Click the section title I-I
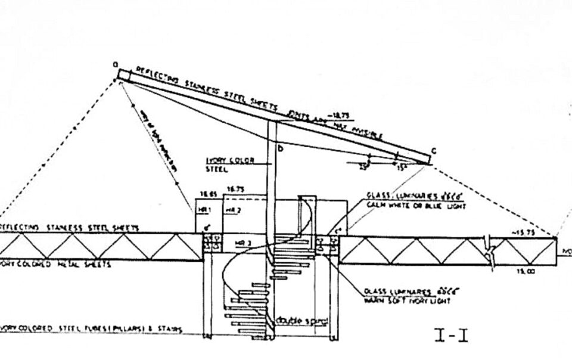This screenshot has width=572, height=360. point(450,337)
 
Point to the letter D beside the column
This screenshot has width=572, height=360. point(279,147)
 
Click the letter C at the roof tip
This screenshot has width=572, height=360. point(434,151)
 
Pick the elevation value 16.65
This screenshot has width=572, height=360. point(206,193)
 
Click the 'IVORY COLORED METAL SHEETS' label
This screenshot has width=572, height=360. point(57,264)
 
